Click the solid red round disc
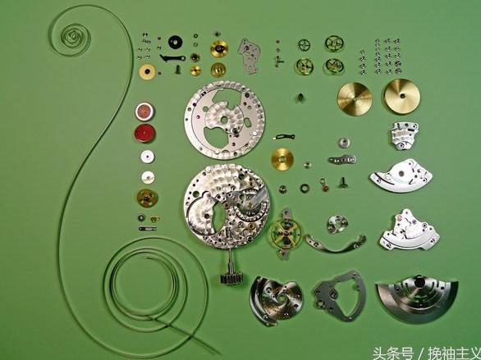(x=144, y=134)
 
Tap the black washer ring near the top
(x=176, y=43)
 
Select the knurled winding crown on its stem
(x=231, y=277)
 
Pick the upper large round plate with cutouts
(x=224, y=120)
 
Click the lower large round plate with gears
(x=227, y=206)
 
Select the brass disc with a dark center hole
(x=402, y=96)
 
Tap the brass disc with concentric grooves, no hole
(x=355, y=99)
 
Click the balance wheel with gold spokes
(x=286, y=234)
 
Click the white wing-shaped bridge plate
(x=401, y=175)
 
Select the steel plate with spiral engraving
(x=276, y=299)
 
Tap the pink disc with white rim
(x=144, y=112)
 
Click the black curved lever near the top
(x=172, y=57)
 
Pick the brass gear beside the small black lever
(x=282, y=159)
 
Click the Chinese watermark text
(x=426, y=353)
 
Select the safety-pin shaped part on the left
(x=148, y=229)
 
